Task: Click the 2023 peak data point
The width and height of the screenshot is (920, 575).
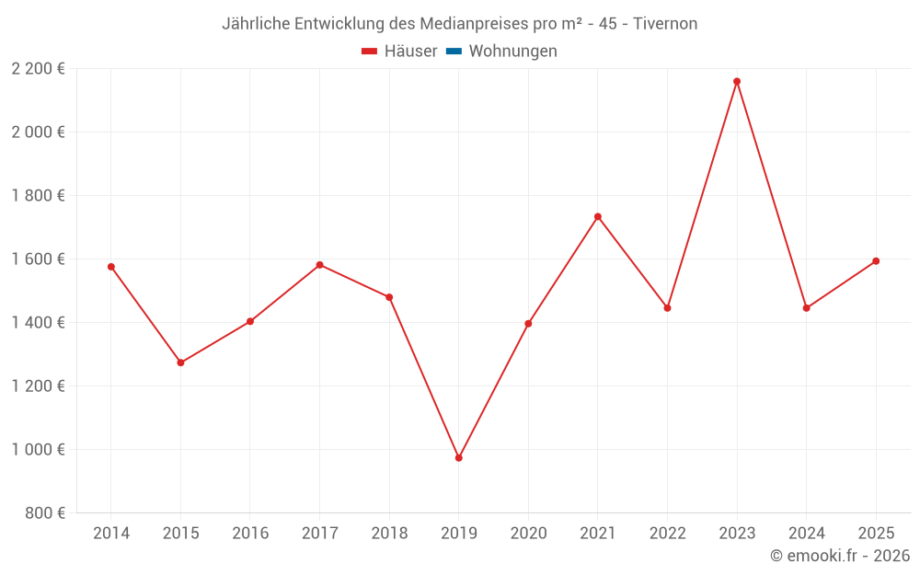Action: pyautogui.click(x=737, y=81)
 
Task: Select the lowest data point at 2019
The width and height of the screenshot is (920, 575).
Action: pyautogui.click(x=459, y=457)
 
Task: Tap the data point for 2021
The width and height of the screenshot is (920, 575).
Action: pyautogui.click(x=598, y=216)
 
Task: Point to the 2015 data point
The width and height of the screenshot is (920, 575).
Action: pyautogui.click(x=180, y=362)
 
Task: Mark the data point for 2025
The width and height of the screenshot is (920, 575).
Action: pyautogui.click(x=876, y=261)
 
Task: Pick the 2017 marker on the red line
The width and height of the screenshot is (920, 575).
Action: pyautogui.click(x=319, y=265)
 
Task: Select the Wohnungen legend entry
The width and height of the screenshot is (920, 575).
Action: pyautogui.click(x=512, y=52)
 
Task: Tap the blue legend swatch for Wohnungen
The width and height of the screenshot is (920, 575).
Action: pyautogui.click(x=453, y=52)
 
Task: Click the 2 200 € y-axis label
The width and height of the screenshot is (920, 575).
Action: pyautogui.click(x=38, y=68)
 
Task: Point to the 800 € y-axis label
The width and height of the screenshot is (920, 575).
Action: pyautogui.click(x=45, y=512)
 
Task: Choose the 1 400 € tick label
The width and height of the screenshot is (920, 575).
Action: pyautogui.click(x=38, y=322)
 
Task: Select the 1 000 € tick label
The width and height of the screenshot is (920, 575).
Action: pyautogui.click(x=38, y=449)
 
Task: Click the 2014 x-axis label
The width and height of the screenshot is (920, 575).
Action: pyautogui.click(x=111, y=533)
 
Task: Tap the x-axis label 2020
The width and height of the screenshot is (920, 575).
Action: pyautogui.click(x=528, y=533)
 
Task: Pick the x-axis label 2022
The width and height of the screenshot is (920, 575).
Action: pyautogui.click(x=667, y=533)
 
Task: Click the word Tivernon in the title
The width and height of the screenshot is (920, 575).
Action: pyautogui.click(x=665, y=23)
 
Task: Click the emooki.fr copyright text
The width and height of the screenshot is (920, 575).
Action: pyautogui.click(x=840, y=556)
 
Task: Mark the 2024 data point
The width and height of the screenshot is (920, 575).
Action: pyautogui.click(x=806, y=308)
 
